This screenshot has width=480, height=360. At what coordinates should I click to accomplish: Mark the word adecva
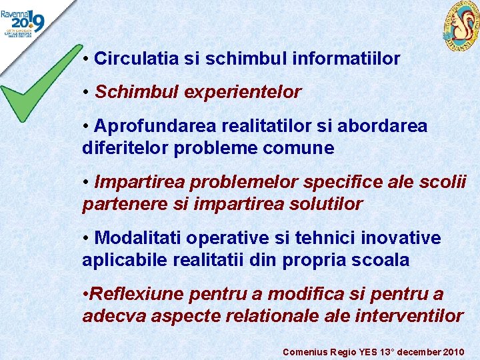(x=114, y=316)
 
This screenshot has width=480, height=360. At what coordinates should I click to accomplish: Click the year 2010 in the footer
(x=453, y=351)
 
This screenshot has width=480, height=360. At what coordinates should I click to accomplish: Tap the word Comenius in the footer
(x=304, y=351)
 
